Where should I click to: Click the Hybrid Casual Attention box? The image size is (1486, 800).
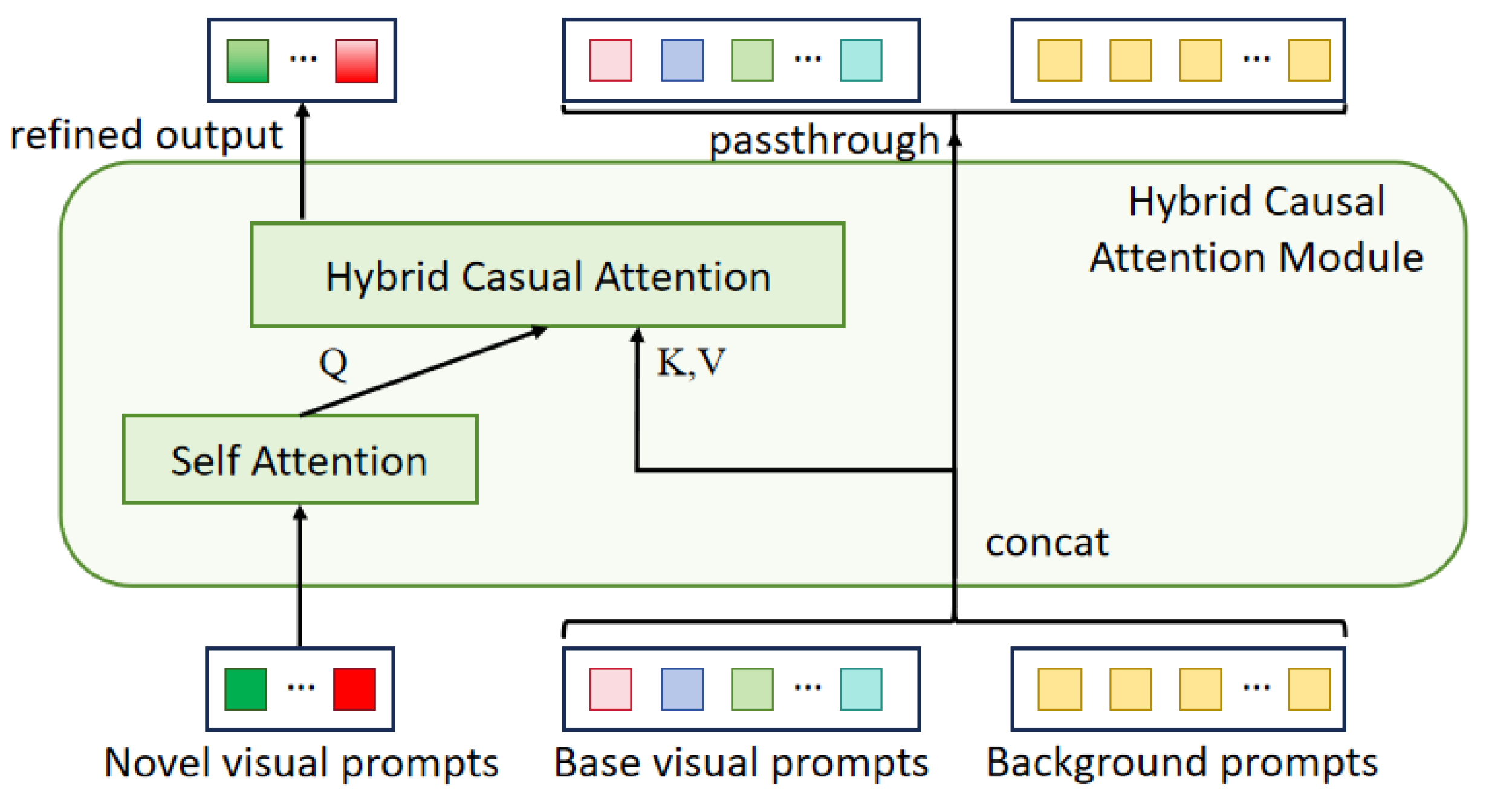[x=547, y=276]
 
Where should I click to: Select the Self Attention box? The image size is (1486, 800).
[x=300, y=460]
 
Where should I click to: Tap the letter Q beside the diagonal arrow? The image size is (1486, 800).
[x=333, y=364]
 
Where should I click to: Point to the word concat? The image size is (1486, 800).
[x=1046, y=542]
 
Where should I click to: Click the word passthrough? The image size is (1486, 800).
[x=823, y=140]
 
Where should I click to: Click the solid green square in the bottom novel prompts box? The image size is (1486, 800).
[x=245, y=689]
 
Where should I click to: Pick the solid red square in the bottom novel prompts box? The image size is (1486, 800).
[x=354, y=689]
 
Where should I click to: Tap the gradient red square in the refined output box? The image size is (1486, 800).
[x=356, y=60]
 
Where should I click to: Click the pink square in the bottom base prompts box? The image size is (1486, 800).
[x=611, y=689]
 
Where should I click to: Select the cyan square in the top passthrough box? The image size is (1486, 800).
[x=861, y=60]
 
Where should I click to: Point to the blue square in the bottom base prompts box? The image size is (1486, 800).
[x=682, y=689]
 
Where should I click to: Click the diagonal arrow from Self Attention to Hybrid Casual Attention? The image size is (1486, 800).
[x=423, y=372]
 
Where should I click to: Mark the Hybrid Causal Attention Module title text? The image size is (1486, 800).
[x=1256, y=230]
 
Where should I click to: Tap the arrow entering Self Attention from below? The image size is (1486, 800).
[x=300, y=574]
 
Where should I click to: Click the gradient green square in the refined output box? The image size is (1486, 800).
[x=247, y=60]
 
